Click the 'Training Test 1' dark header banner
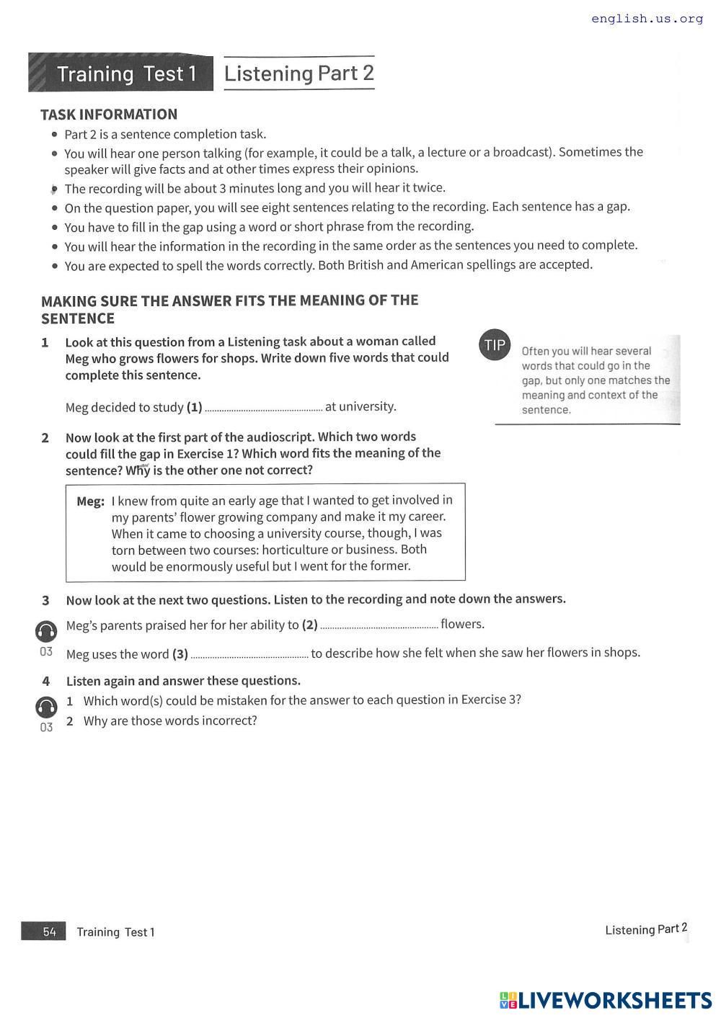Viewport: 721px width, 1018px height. [x=121, y=73]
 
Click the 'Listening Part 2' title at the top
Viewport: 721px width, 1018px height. [x=298, y=73]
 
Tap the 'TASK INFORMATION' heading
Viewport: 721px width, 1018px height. [x=109, y=115]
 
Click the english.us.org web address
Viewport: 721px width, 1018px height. [x=647, y=19]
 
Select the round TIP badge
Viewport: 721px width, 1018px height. [x=495, y=345]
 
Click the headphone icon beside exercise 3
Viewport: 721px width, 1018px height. [x=46, y=631]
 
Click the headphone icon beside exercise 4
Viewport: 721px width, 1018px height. [x=46, y=707]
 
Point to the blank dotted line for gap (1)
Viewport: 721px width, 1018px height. [x=263, y=408]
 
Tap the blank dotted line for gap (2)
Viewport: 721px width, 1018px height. [x=379, y=626]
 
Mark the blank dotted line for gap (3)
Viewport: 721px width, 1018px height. [x=249, y=656]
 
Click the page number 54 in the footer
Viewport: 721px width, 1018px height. [x=49, y=932]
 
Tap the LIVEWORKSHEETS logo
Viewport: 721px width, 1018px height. [x=606, y=1000]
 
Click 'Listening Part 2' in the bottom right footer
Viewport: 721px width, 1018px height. [x=646, y=929]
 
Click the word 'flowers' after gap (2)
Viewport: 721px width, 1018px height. [x=461, y=624]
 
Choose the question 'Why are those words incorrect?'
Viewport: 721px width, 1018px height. [x=170, y=720]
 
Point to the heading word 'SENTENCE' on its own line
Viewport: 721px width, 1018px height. [x=78, y=318]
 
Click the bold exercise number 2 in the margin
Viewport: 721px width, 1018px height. [x=45, y=438]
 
